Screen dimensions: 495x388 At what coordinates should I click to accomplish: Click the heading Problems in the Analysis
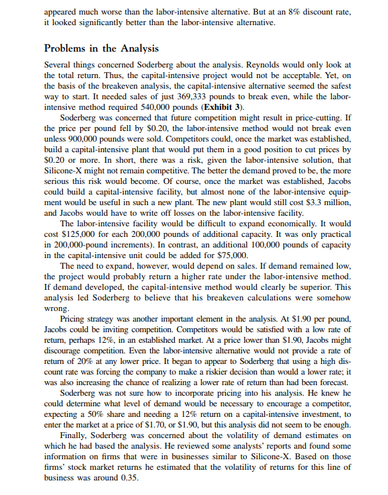point(102,50)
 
